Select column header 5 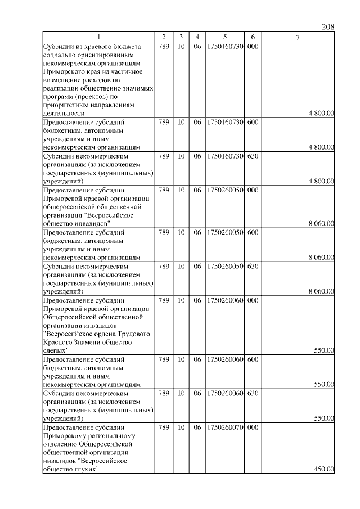(x=224, y=37)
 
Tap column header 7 (x=298, y=37)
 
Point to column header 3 (x=181, y=37)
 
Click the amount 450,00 (x=324, y=470)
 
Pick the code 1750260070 (x=224, y=427)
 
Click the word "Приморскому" (x=65, y=436)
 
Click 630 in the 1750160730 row (x=253, y=155)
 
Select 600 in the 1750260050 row (x=253, y=231)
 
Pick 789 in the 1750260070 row (x=164, y=427)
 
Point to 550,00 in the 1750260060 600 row (x=324, y=385)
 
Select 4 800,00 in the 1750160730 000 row (x=321, y=113)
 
